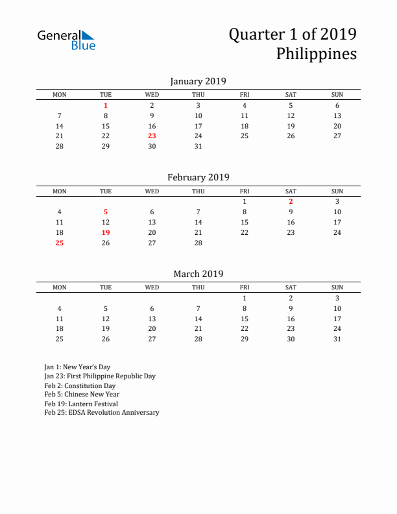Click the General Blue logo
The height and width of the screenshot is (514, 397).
coord(66,40)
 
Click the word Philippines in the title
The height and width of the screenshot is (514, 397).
coord(316,54)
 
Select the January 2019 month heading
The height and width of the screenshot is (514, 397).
coord(198,81)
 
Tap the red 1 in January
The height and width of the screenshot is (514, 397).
coord(106,105)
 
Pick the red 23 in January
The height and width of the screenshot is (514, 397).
coord(152,136)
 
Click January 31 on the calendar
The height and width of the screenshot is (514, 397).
coord(198,147)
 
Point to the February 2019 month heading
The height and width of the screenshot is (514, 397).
coord(198,177)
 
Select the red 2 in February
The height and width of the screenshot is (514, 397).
coord(291,202)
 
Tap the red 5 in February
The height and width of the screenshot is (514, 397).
coord(106,212)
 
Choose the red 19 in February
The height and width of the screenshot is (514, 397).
coord(106,233)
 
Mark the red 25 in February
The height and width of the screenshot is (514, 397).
coord(60,243)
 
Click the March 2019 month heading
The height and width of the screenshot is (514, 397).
coord(198,274)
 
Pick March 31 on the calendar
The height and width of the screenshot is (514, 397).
coord(337,339)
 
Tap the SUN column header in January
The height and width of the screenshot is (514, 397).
coord(337,95)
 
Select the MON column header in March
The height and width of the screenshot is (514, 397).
coord(60,288)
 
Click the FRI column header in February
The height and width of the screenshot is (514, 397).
coord(245,191)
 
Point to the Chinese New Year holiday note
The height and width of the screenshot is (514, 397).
coord(82,394)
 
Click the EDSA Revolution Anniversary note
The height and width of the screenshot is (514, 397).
coord(101,413)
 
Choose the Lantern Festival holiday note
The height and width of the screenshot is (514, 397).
coord(81,404)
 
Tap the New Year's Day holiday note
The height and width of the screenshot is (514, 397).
coord(77,367)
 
